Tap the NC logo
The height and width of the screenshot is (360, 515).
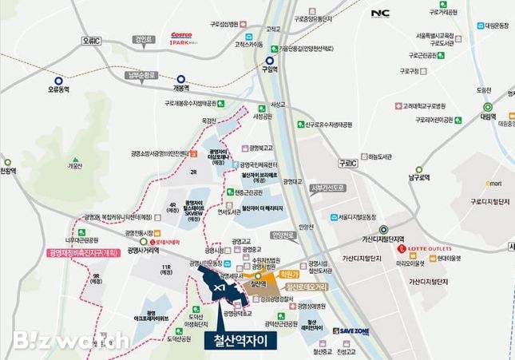point(381,14)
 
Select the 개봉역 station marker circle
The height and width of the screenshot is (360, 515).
point(182,79)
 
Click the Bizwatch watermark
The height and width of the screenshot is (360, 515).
point(69,339)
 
